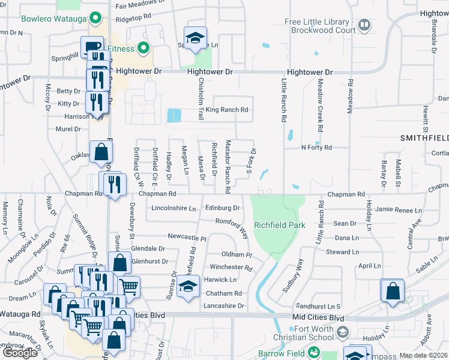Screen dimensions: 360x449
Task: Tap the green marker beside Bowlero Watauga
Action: tap(94, 18)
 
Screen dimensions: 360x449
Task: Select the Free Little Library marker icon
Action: tap(364, 25)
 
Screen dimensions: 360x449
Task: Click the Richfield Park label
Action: tap(280, 225)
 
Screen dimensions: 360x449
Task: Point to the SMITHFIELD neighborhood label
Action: tap(424, 137)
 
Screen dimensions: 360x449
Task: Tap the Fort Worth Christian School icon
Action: tap(342, 332)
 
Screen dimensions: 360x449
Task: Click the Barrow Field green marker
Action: tap(313, 353)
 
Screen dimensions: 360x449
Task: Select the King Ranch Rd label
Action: tap(227, 110)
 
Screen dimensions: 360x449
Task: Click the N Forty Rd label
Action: tap(316, 147)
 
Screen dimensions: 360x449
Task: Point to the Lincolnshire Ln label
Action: tap(174, 208)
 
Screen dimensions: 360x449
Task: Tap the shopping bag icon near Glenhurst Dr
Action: tap(119, 262)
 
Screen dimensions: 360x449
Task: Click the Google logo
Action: tap(20, 353)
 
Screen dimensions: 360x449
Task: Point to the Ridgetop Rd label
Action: tap(140, 19)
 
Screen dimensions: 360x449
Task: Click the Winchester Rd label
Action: tap(231, 267)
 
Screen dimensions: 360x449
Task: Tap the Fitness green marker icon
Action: tap(143, 47)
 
